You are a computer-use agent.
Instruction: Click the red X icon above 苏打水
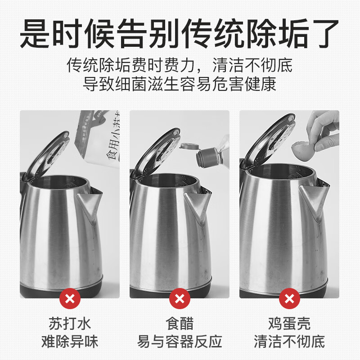point(70,298)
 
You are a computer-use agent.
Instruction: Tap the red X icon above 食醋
point(180,298)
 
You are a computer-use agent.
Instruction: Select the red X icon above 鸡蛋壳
point(289,298)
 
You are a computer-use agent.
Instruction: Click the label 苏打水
point(70,324)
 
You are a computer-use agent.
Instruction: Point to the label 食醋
point(180,324)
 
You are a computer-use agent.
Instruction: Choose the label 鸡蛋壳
point(289,324)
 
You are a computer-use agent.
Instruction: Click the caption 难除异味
point(70,341)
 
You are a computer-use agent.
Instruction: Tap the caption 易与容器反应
point(180,341)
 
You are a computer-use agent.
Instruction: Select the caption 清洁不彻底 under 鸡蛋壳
point(289,341)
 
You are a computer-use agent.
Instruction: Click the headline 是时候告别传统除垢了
point(180,32)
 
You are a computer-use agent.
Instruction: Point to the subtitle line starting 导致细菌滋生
point(180,84)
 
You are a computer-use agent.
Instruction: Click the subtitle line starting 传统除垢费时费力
point(180,65)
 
